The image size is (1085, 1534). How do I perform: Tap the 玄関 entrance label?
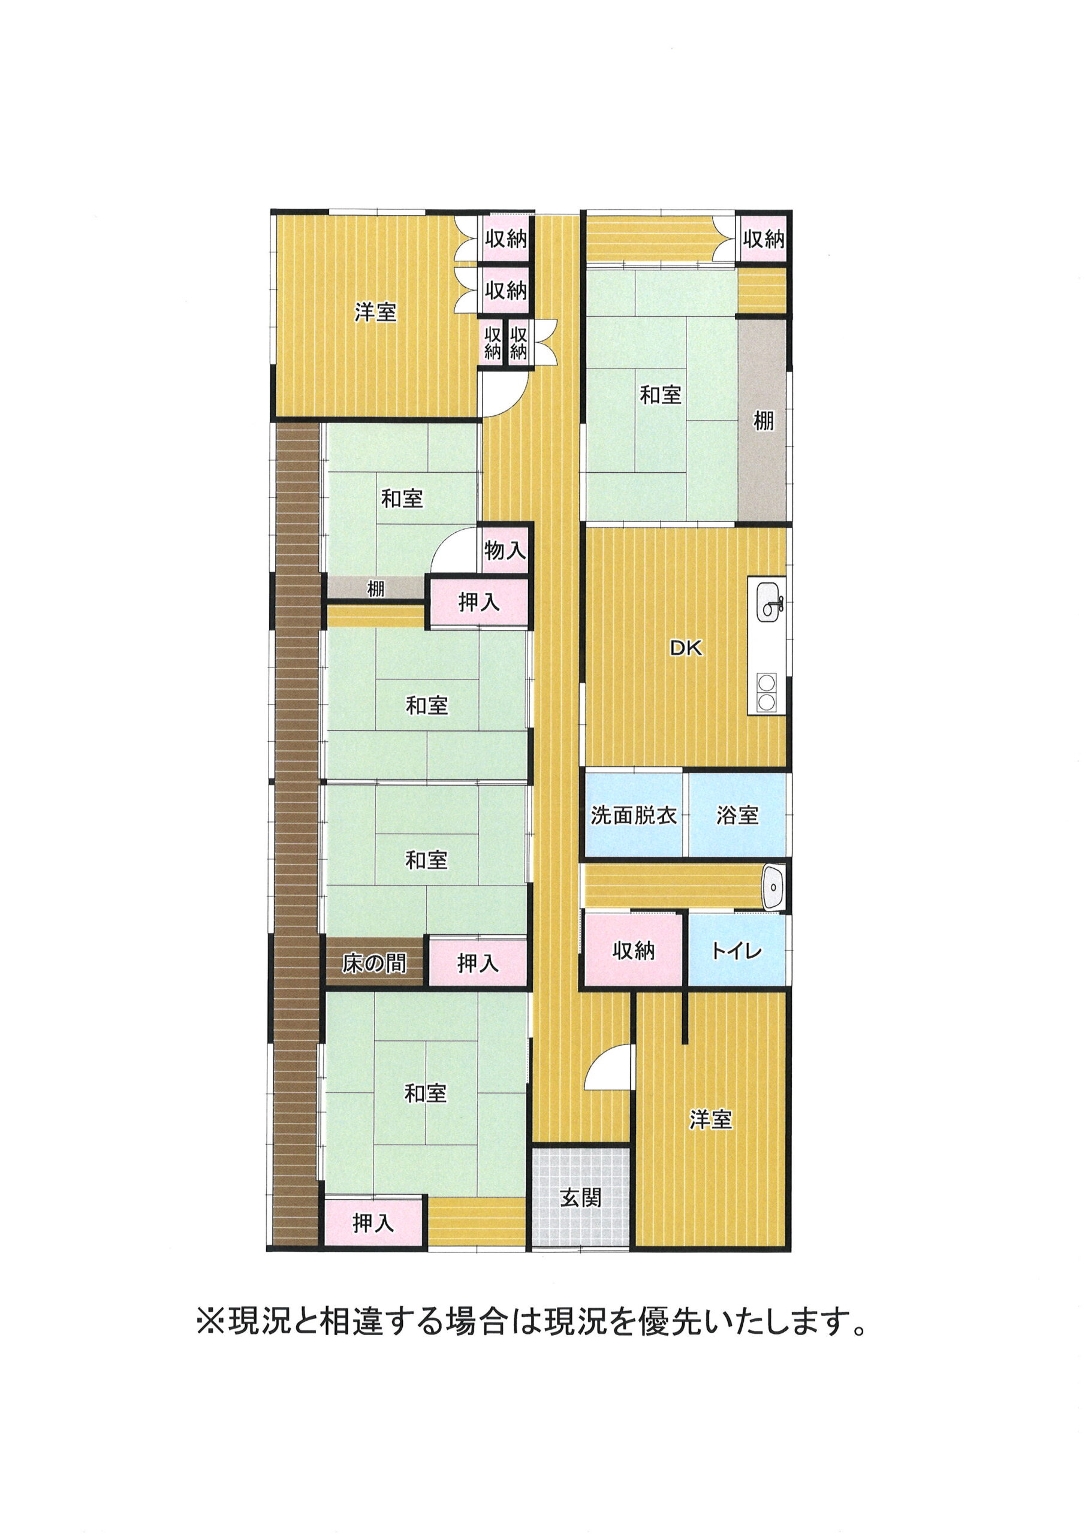point(581,1198)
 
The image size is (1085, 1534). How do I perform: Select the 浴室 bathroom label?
point(737,815)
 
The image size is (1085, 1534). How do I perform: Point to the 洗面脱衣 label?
point(634,815)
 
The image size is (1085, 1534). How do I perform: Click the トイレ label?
point(737,950)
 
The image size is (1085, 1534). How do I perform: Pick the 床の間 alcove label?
point(375,963)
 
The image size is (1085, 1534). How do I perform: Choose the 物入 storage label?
point(505,551)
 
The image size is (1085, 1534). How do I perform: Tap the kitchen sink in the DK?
point(770,600)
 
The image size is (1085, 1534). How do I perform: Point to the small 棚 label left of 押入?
point(376,589)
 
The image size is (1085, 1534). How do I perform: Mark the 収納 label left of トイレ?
point(634,950)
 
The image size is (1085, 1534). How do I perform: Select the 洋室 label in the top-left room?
point(376,312)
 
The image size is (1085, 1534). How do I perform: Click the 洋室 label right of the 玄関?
point(710,1119)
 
